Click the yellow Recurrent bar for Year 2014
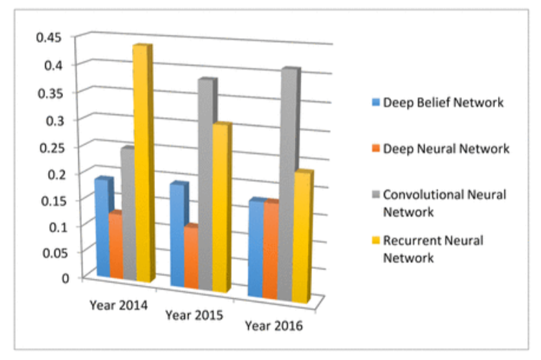pos(142,165)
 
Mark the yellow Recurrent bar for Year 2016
pos(301,237)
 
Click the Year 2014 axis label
pos(118,305)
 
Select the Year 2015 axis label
pos(194,315)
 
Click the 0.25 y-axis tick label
pos(50,147)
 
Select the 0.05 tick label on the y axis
pos(50,252)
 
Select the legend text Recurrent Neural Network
pos(433,249)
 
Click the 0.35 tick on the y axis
pos(50,92)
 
